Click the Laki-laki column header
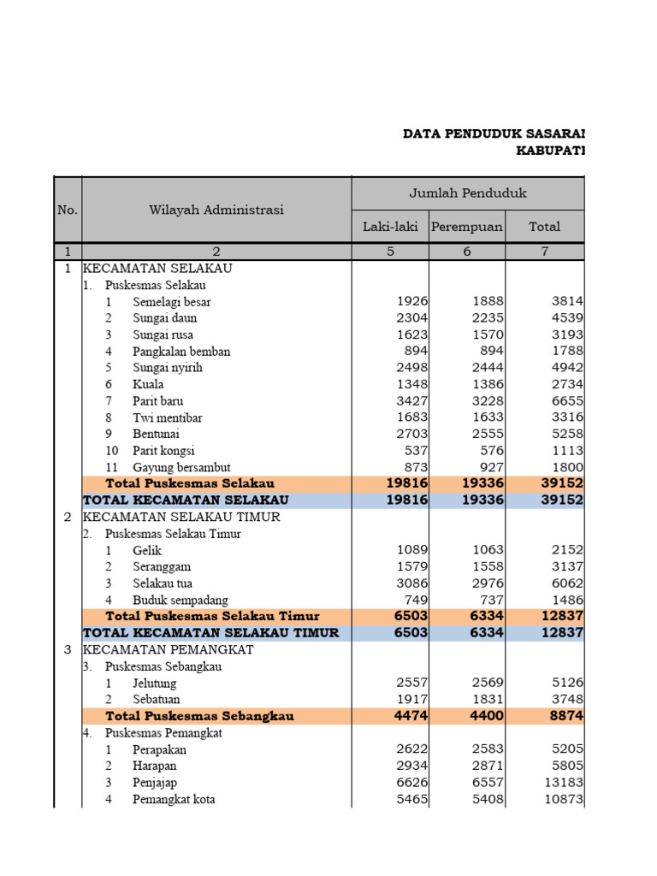tap(390, 227)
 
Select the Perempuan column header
tap(467, 227)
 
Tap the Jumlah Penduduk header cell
tap(468, 193)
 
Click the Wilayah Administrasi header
tap(216, 210)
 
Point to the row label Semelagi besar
tap(171, 302)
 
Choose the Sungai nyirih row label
tap(168, 368)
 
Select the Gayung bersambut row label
tap(175, 468)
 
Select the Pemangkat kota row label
tap(174, 800)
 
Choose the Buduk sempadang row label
tap(181, 601)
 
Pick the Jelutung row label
tap(155, 684)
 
